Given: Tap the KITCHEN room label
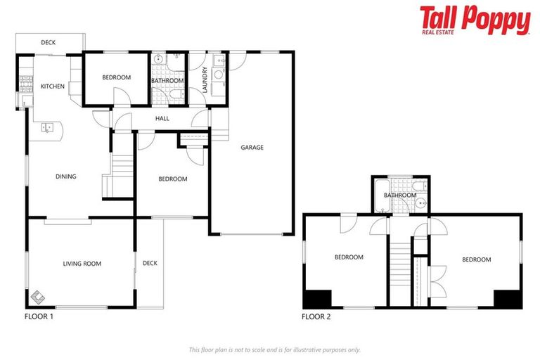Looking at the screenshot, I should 53,86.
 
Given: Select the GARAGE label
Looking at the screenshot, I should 252,148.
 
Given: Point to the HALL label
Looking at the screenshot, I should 162,119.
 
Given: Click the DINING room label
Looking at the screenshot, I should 66,176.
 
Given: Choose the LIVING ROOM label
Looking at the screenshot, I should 82,264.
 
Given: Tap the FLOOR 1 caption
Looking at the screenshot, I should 39,316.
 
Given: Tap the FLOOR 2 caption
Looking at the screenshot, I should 316,316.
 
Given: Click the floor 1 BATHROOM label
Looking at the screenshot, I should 168,81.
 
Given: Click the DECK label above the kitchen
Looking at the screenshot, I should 48,43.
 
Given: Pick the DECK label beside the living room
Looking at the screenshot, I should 150,264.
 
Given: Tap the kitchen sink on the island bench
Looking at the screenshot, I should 48,127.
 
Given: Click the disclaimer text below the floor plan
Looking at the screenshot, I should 275,349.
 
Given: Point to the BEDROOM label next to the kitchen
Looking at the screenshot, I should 116,77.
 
